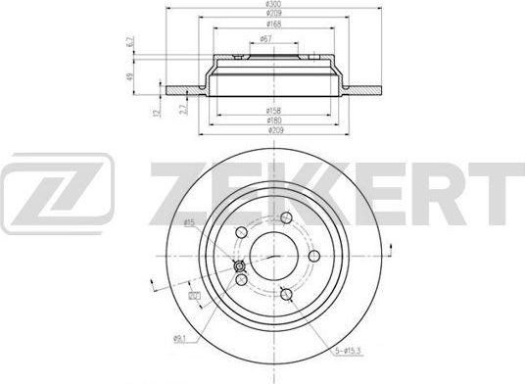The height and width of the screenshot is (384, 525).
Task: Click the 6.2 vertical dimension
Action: [131, 43]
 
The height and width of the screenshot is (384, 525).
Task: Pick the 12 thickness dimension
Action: [158, 115]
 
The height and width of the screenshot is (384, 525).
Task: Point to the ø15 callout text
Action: [187, 224]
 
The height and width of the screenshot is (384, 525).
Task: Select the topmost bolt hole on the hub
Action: [285, 218]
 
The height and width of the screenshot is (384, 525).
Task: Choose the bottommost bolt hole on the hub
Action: [285, 294]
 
